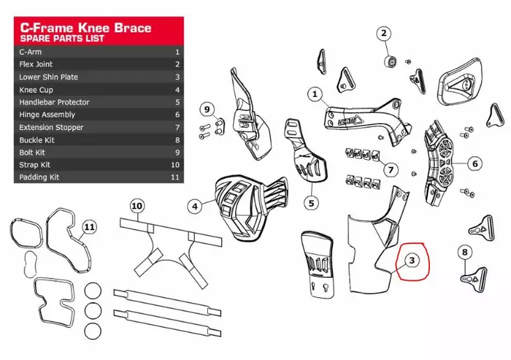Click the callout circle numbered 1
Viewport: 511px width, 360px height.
pyautogui.click(x=315, y=93)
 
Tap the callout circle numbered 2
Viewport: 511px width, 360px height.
pyautogui.click(x=385, y=33)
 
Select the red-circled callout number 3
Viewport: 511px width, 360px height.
pyautogui.click(x=412, y=260)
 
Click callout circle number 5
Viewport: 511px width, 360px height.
pyautogui.click(x=311, y=203)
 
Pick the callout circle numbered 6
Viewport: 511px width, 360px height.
pyautogui.click(x=475, y=164)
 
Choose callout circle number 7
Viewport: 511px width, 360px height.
pyautogui.click(x=392, y=169)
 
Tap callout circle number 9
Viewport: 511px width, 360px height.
pyautogui.click(x=207, y=110)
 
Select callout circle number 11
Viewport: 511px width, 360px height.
pyautogui.click(x=88, y=227)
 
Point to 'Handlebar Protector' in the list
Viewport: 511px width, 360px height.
pyautogui.click(x=54, y=102)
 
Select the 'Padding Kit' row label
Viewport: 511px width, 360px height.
pyautogui.click(x=39, y=177)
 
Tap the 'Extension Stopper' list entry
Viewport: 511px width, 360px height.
pyautogui.click(x=51, y=127)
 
